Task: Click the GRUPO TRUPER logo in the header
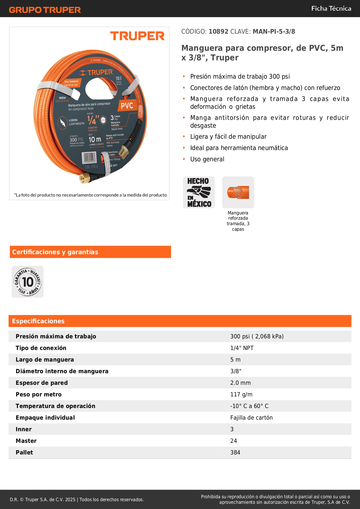tap(45, 10)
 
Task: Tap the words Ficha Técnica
tap(331, 8)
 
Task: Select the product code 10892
tap(218, 32)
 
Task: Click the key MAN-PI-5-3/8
tap(274, 32)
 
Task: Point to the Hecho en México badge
tap(199, 192)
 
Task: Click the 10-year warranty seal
tap(28, 282)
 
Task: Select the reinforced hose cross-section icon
tap(238, 192)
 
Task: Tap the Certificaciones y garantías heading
tap(55, 252)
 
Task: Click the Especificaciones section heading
tap(38, 321)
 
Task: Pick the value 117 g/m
tap(241, 394)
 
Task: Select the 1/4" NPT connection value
tap(242, 348)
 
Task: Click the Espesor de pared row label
tap(42, 383)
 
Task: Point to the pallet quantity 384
tap(235, 452)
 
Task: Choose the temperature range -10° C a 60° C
tap(249, 406)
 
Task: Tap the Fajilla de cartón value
tap(252, 418)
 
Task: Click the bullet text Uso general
tap(207, 159)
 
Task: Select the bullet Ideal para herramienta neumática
tap(239, 148)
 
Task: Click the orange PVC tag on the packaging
tap(127, 106)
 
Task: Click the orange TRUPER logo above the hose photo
tap(137, 36)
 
